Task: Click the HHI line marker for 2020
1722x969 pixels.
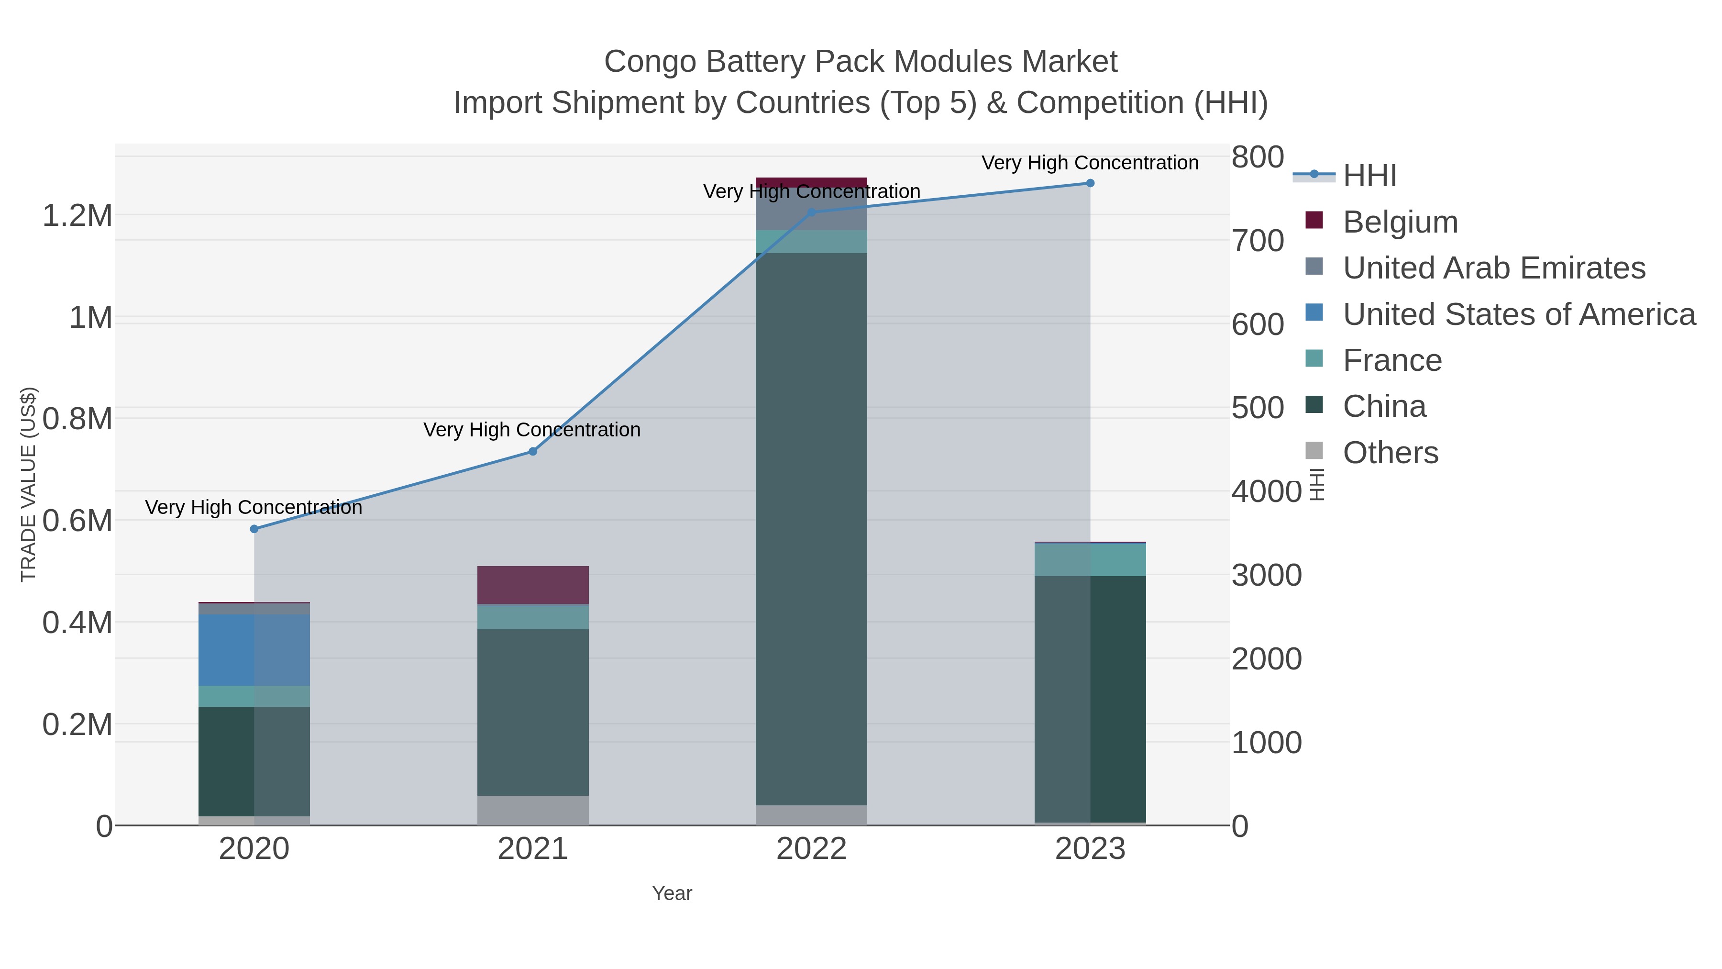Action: (x=254, y=529)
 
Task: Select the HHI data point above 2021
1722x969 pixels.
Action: (x=533, y=451)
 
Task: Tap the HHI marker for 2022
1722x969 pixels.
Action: (x=812, y=212)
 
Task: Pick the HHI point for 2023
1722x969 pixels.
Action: (x=1090, y=183)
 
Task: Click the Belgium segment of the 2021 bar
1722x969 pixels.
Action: (x=533, y=585)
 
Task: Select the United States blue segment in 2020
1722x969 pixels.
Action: (x=254, y=650)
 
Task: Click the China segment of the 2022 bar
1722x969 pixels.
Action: (x=812, y=528)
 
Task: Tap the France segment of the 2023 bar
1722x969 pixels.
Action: (x=1090, y=560)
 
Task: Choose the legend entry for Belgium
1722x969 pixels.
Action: (x=1400, y=222)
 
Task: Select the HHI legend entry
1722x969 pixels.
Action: (x=1369, y=176)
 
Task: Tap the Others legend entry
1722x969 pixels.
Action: (x=1390, y=453)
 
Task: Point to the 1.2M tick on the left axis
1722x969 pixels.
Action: (x=77, y=216)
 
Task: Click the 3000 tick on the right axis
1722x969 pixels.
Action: (x=1266, y=576)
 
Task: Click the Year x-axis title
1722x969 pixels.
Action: (x=672, y=893)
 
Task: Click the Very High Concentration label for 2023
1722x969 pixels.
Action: (x=1090, y=163)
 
